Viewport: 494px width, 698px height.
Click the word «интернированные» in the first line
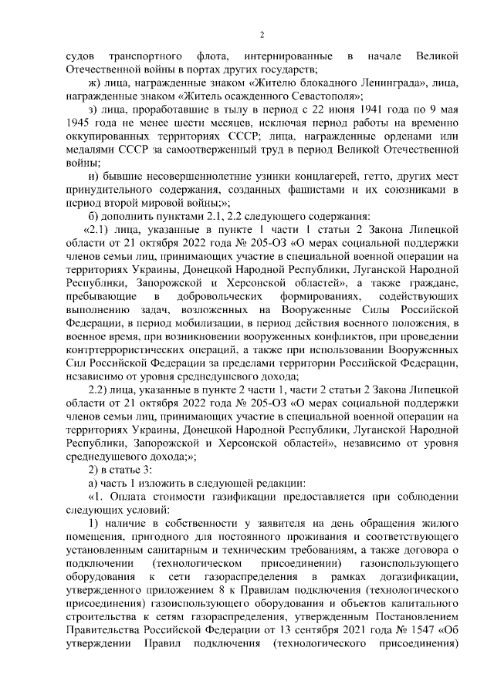coord(288,56)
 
